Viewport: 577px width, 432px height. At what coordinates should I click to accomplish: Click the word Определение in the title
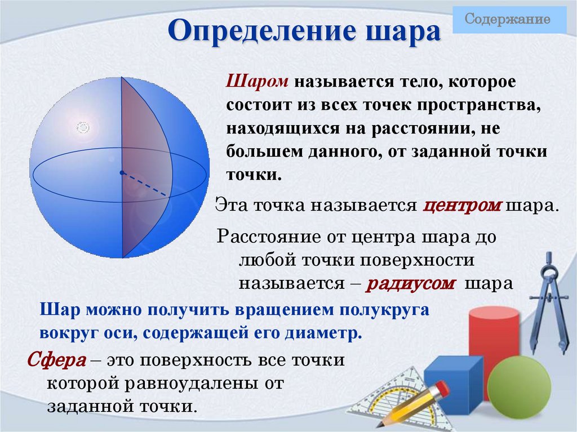click(259, 33)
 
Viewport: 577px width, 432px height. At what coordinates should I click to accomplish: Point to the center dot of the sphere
click(122, 172)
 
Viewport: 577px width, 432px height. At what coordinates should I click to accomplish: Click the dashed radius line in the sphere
click(145, 184)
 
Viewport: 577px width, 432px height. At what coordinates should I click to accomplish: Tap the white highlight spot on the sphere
click(83, 128)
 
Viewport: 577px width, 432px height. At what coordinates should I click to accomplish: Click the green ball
click(519, 389)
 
